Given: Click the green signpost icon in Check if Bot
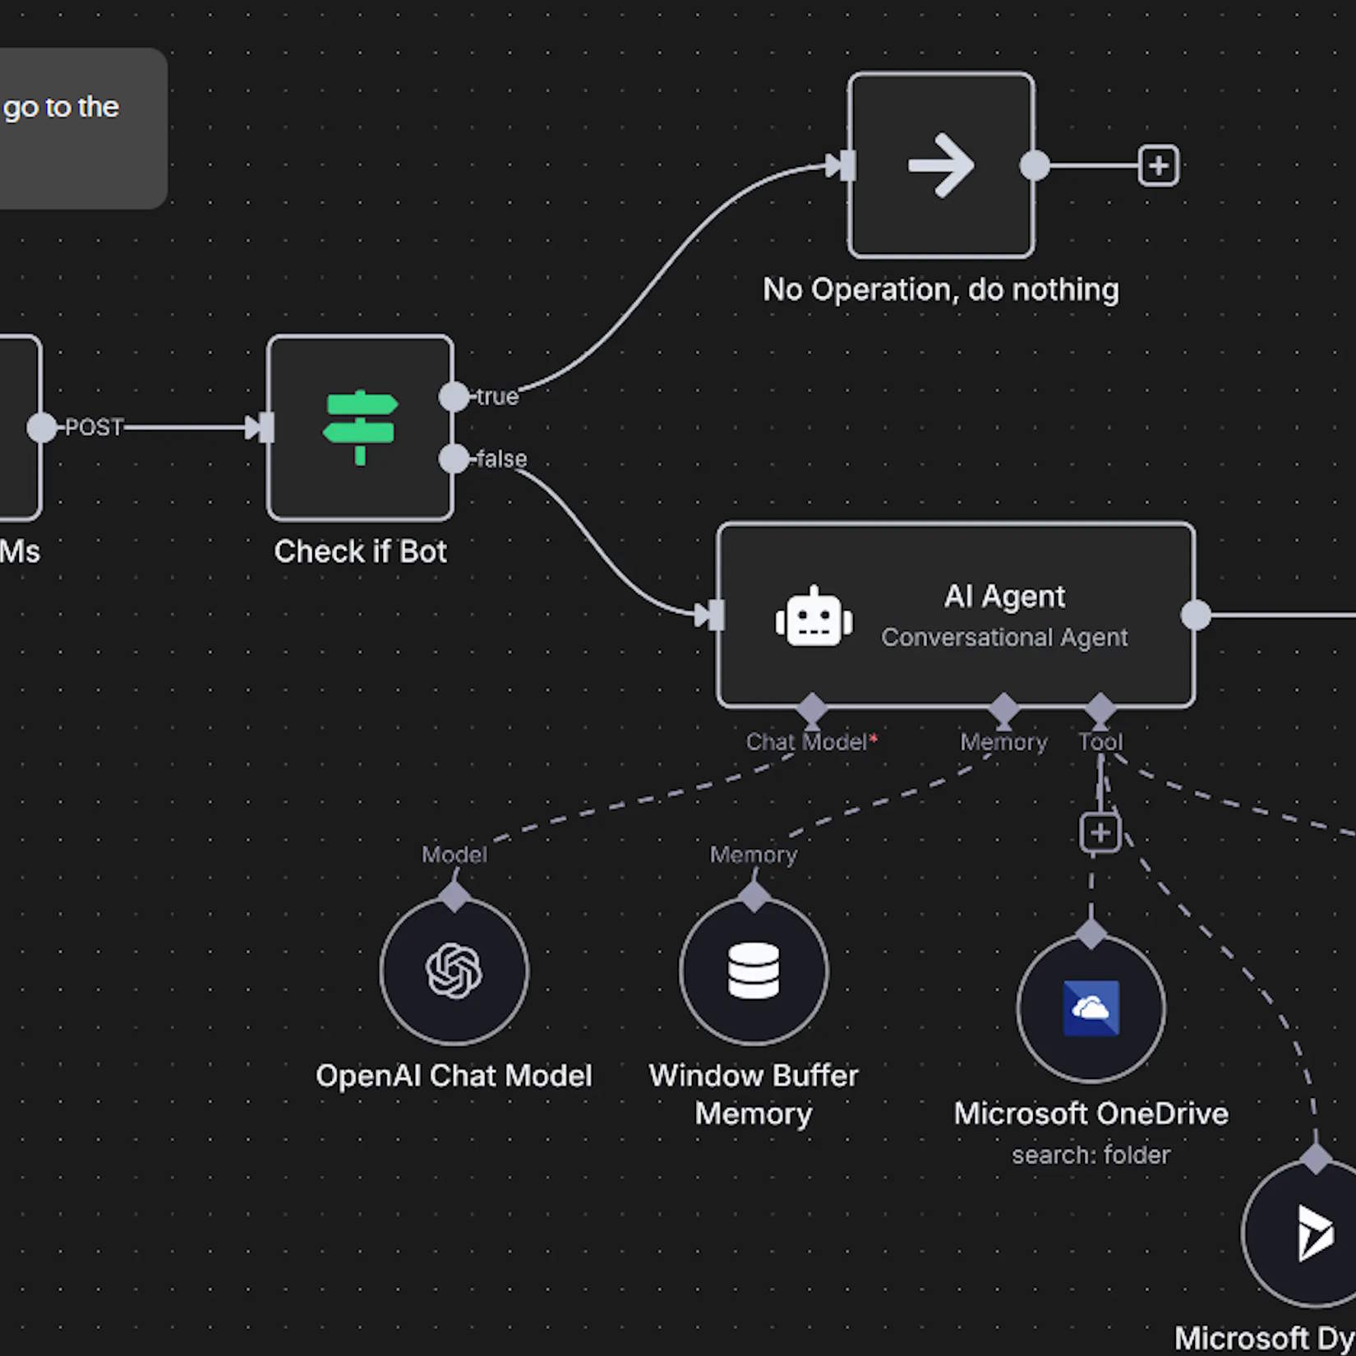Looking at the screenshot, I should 360,427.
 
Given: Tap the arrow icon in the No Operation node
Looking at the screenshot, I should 941,166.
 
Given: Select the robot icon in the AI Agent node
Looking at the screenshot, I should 814,617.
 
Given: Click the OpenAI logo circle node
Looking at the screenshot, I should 454,971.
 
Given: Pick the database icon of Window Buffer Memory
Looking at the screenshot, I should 754,971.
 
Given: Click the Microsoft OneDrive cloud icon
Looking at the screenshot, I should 1091,1008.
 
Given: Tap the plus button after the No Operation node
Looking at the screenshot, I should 1159,166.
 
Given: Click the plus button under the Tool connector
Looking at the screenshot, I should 1100,833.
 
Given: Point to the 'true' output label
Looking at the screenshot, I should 497,397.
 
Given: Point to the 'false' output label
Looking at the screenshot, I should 501,459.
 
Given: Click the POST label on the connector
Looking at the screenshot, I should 94,427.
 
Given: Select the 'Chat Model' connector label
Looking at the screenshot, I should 807,742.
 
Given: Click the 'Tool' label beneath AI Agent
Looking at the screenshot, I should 1100,742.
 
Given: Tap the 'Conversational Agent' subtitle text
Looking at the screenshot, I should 1004,638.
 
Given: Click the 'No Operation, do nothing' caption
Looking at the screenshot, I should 941,289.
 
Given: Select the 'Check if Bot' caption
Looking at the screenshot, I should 360,551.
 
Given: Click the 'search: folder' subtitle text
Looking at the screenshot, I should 1091,1155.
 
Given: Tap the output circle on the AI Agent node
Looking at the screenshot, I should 1196,616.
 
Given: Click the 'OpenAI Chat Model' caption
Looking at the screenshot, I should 454,1076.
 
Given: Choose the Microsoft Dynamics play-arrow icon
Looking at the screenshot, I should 1315,1232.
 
